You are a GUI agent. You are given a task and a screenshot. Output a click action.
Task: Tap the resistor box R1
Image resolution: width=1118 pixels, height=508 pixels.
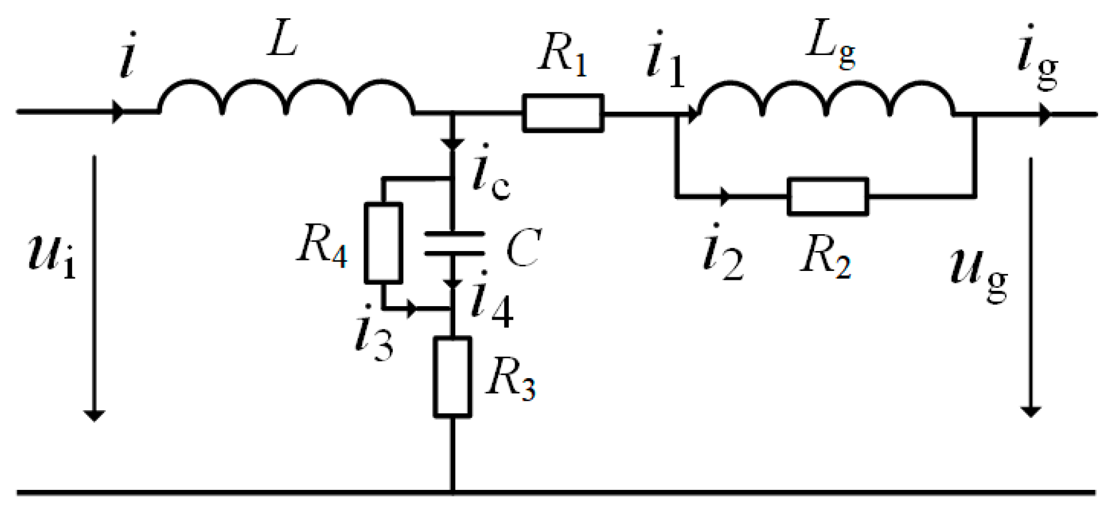pyautogui.click(x=563, y=113)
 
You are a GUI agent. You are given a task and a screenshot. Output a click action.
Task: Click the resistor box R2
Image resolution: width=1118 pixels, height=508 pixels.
pyautogui.click(x=828, y=197)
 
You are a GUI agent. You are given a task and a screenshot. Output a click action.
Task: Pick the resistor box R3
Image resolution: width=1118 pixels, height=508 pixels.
pyautogui.click(x=452, y=377)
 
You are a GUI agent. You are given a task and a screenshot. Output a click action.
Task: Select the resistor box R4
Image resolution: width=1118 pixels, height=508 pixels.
pyautogui.click(x=383, y=243)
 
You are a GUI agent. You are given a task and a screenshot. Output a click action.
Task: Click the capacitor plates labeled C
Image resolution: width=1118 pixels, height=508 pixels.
pyautogui.click(x=454, y=244)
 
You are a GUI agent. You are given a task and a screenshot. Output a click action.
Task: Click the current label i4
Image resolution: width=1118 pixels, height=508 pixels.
pyautogui.click(x=492, y=301)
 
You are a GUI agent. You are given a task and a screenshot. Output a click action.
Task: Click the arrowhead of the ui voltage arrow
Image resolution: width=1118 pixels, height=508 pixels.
pyautogui.click(x=94, y=415)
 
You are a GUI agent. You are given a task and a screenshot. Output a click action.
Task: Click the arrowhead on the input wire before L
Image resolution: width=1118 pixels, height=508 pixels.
pyautogui.click(x=118, y=111)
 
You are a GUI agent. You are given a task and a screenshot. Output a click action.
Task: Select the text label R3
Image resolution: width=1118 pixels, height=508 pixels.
pyautogui.click(x=510, y=379)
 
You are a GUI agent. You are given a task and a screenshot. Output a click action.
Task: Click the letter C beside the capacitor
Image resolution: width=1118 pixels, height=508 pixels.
pyautogui.click(x=523, y=248)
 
